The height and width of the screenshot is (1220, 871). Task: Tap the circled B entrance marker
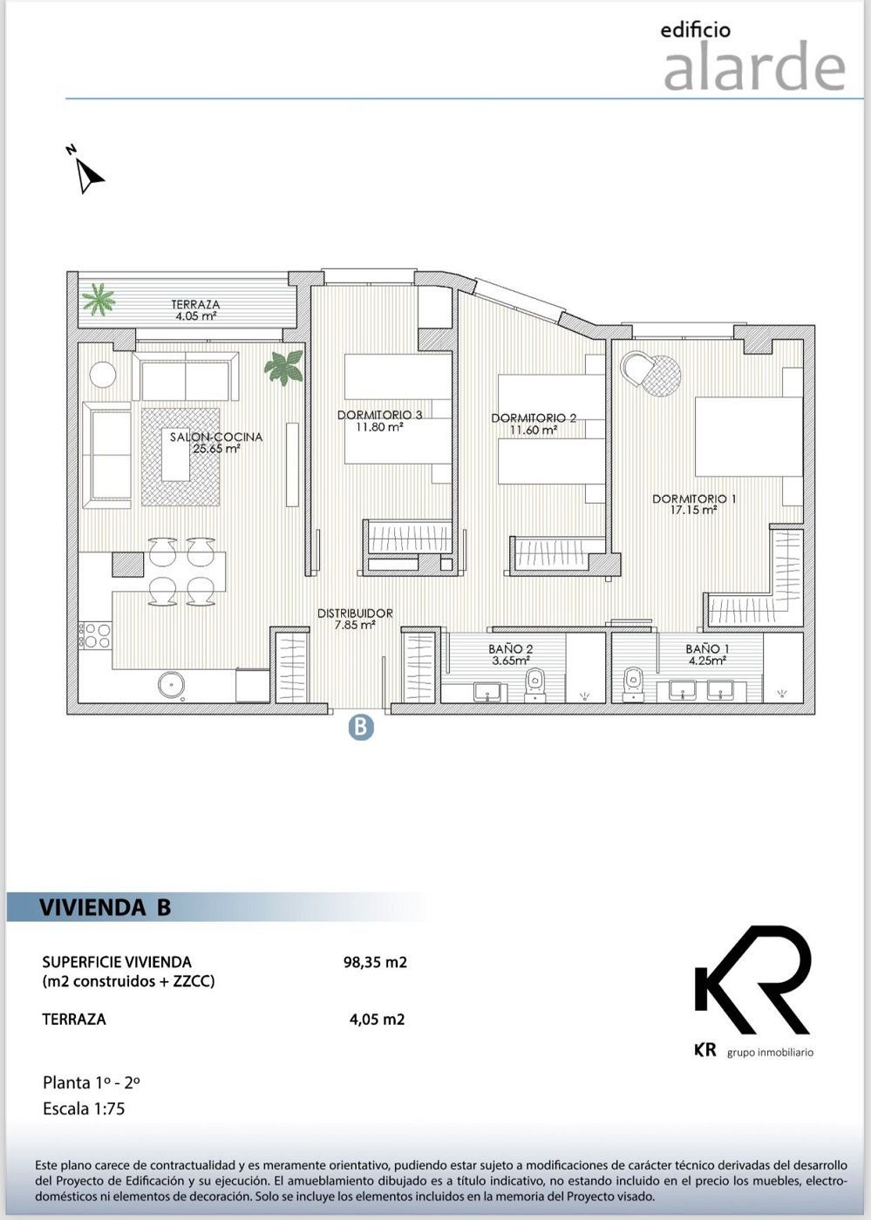click(x=361, y=727)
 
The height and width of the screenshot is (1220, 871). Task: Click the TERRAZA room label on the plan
click(x=195, y=305)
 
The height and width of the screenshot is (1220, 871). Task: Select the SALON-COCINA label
click(x=215, y=437)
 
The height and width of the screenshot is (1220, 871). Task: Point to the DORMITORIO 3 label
click(x=379, y=415)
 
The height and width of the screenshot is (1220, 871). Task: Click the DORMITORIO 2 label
click(x=534, y=418)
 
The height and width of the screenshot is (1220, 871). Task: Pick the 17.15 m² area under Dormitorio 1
click(x=694, y=511)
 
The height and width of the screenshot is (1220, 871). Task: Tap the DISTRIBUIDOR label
click(x=354, y=613)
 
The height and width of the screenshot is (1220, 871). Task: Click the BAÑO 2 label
click(x=510, y=649)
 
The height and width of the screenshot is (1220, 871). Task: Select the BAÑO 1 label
click(x=707, y=649)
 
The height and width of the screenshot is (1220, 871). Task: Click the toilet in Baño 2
click(x=534, y=685)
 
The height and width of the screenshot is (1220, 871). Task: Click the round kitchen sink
click(x=173, y=684)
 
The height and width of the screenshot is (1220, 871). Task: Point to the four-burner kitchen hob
click(x=95, y=635)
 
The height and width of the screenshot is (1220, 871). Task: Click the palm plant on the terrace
click(x=98, y=301)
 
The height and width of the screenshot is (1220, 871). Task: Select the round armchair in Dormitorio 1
click(x=650, y=373)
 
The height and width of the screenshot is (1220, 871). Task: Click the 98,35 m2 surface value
click(x=375, y=963)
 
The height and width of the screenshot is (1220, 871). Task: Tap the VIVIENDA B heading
click(x=105, y=907)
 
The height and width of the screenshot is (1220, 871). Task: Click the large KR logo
click(x=752, y=980)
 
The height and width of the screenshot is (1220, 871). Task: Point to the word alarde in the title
click(x=754, y=69)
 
